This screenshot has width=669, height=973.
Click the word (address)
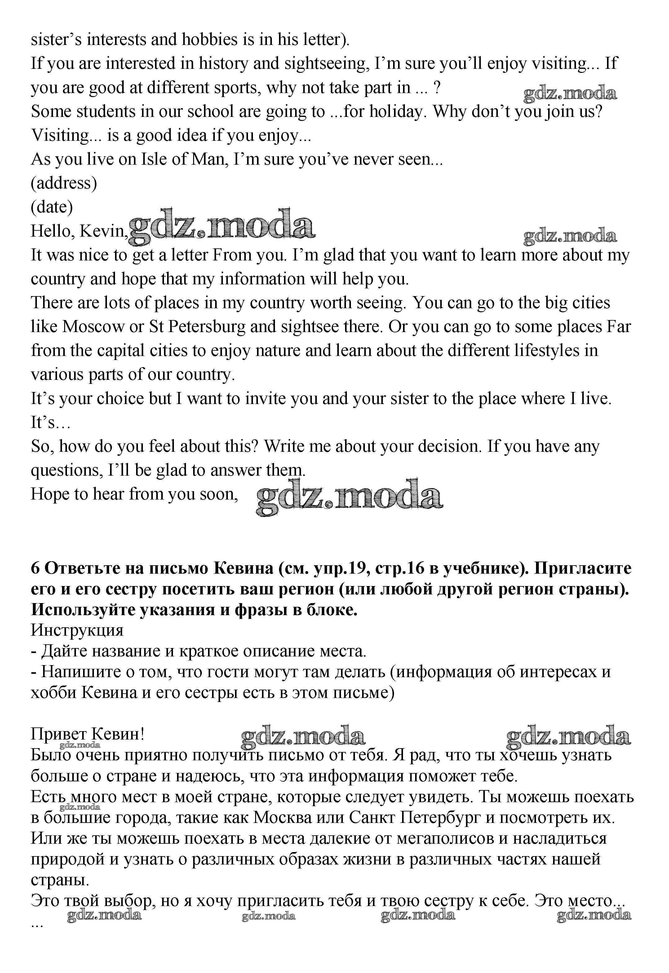(x=64, y=183)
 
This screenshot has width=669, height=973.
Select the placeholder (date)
(x=51, y=207)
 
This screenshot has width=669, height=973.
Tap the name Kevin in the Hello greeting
(x=102, y=231)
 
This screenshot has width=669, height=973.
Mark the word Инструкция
(x=77, y=630)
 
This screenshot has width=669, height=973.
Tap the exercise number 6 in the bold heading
(x=35, y=568)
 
